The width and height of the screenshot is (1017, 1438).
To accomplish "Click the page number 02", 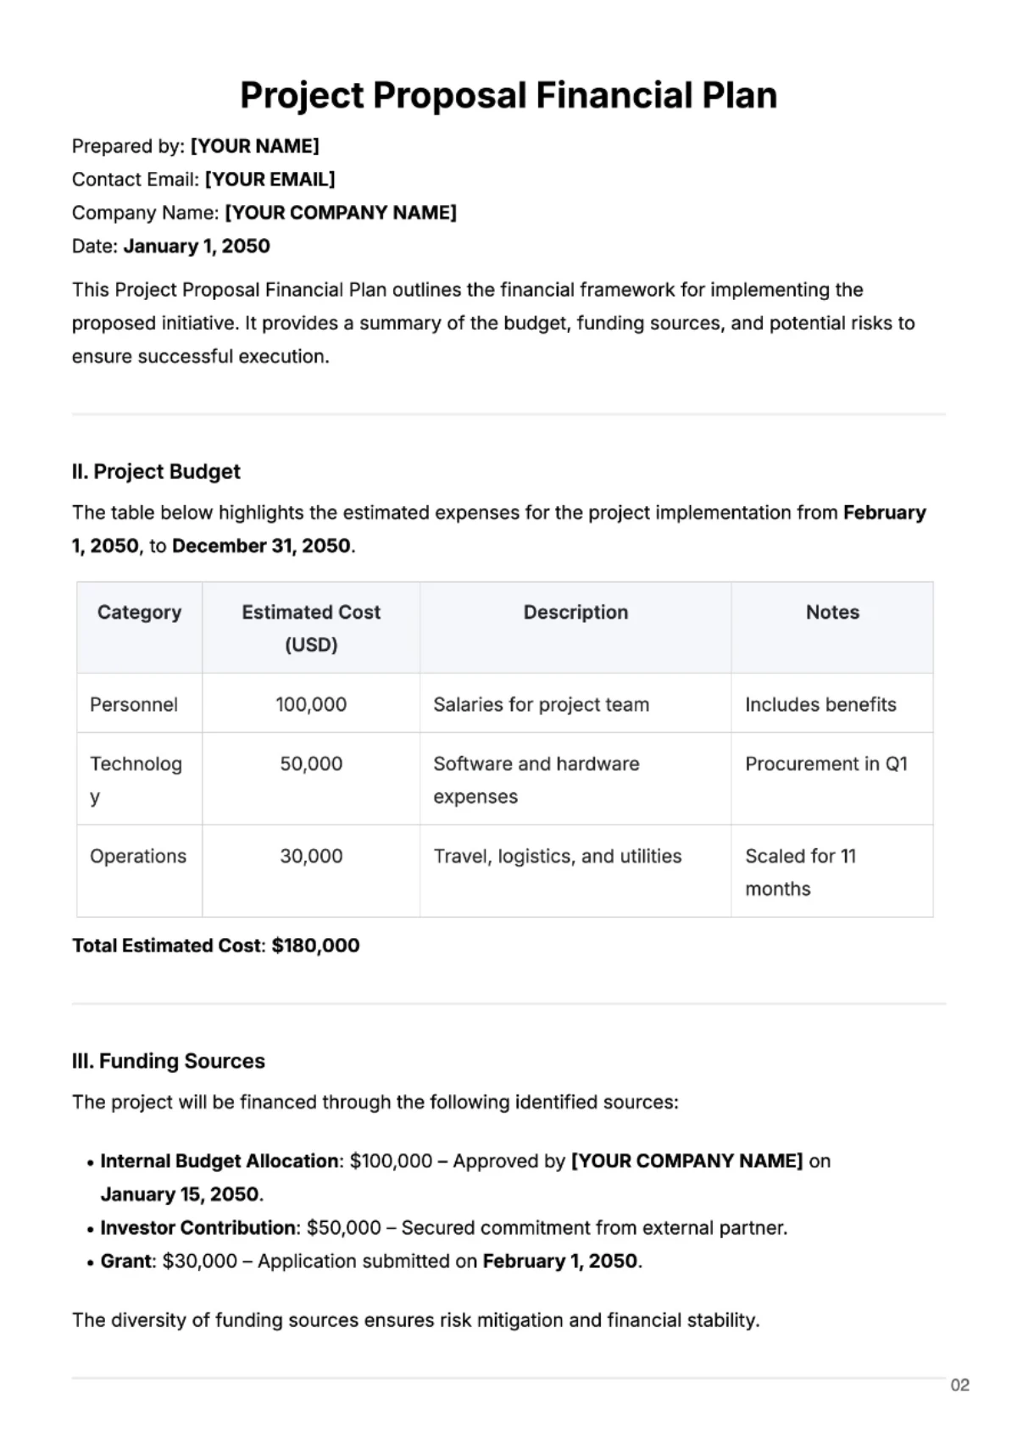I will (x=959, y=1385).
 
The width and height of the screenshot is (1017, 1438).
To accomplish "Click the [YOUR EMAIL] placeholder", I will (x=270, y=179).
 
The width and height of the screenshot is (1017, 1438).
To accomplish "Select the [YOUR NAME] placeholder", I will (x=254, y=146).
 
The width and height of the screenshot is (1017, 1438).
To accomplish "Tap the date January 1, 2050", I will (x=197, y=246).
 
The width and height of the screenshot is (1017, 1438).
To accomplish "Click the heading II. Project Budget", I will (x=156, y=471).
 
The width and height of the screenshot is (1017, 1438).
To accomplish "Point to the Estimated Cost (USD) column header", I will (x=311, y=627).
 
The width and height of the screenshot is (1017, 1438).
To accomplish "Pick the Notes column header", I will (x=832, y=612).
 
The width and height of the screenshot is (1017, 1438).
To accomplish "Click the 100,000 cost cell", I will (x=311, y=704).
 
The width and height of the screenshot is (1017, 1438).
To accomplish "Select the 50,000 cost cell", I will (x=311, y=763).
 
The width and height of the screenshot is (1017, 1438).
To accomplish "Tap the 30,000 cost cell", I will (x=311, y=856).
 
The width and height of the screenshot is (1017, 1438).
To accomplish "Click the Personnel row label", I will (x=134, y=704).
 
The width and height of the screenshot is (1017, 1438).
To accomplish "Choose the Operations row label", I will (x=138, y=856).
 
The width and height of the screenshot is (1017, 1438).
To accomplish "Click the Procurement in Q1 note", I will (x=826, y=763).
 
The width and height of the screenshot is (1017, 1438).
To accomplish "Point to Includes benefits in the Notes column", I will (x=820, y=704).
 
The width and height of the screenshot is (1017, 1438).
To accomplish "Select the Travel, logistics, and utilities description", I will (x=558, y=856).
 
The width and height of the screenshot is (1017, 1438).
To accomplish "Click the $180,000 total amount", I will (x=315, y=945).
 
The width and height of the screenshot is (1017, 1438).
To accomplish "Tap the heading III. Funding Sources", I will (x=169, y=1061).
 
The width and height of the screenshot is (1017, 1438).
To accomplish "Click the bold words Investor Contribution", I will (x=197, y=1227).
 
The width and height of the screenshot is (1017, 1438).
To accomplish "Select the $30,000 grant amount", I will (x=200, y=1261).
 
